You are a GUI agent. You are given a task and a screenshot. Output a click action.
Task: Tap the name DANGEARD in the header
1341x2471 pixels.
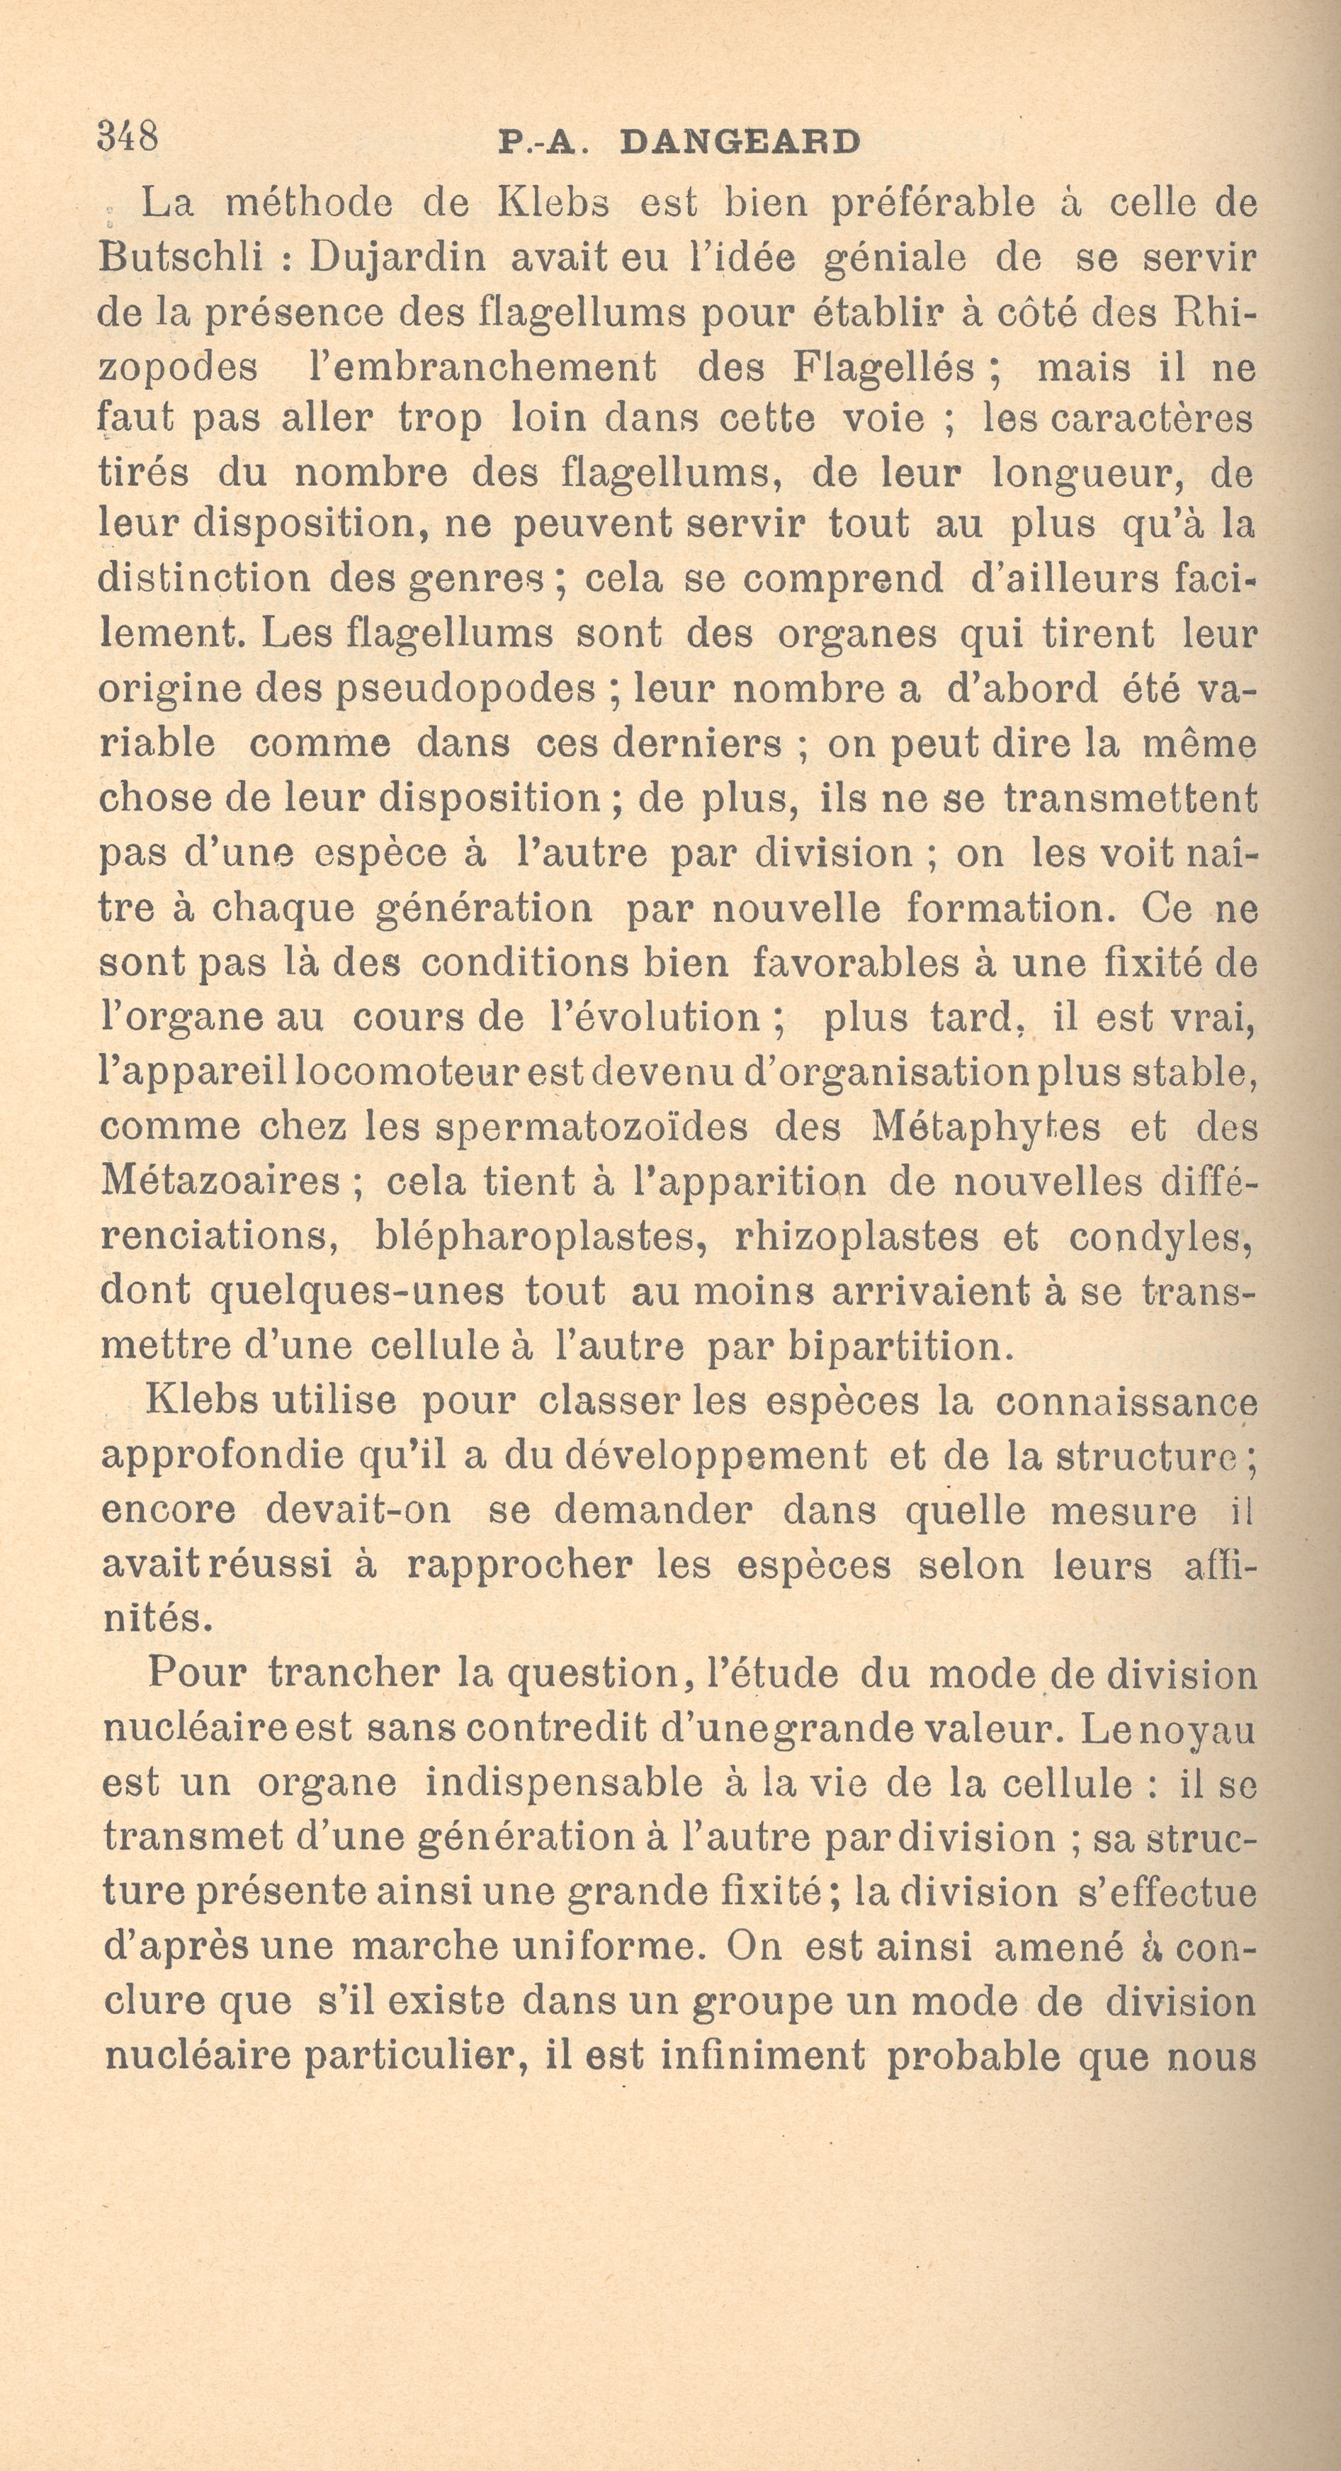click(740, 143)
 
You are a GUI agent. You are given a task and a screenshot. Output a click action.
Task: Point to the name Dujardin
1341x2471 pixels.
click(397, 258)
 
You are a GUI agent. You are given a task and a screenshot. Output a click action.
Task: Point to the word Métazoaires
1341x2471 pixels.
click(220, 1181)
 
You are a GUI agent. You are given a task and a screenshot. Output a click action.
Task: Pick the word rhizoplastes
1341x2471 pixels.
click(856, 1237)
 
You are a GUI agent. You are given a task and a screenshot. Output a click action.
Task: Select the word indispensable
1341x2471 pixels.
click(564, 1783)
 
